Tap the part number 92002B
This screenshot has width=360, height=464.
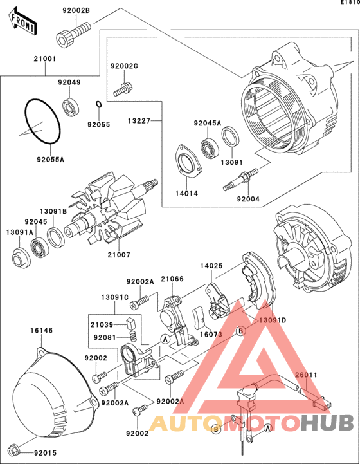tap(76, 10)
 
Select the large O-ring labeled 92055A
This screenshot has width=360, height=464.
tap(43, 122)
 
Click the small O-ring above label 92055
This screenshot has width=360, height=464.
tap(99, 104)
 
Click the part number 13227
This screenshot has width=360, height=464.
tap(139, 121)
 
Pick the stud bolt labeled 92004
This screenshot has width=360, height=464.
tap(240, 179)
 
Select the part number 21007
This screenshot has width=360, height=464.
tap(119, 254)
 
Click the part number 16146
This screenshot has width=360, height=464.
tap(42, 330)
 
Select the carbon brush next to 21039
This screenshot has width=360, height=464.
tap(130, 323)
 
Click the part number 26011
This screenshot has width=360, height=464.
tap(307, 375)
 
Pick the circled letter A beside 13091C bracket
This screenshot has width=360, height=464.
tap(165, 339)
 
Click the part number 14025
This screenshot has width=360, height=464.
tap(212, 266)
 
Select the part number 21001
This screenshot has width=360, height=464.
tap(44, 59)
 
